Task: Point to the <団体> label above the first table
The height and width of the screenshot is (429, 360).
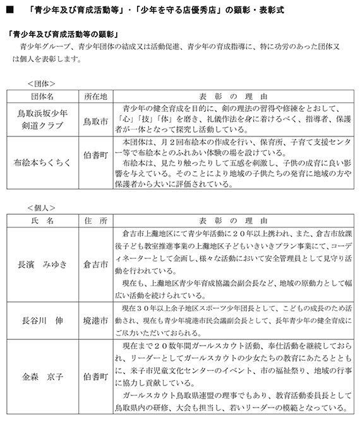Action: (x=41, y=83)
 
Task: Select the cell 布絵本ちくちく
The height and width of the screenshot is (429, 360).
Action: (x=43, y=163)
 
